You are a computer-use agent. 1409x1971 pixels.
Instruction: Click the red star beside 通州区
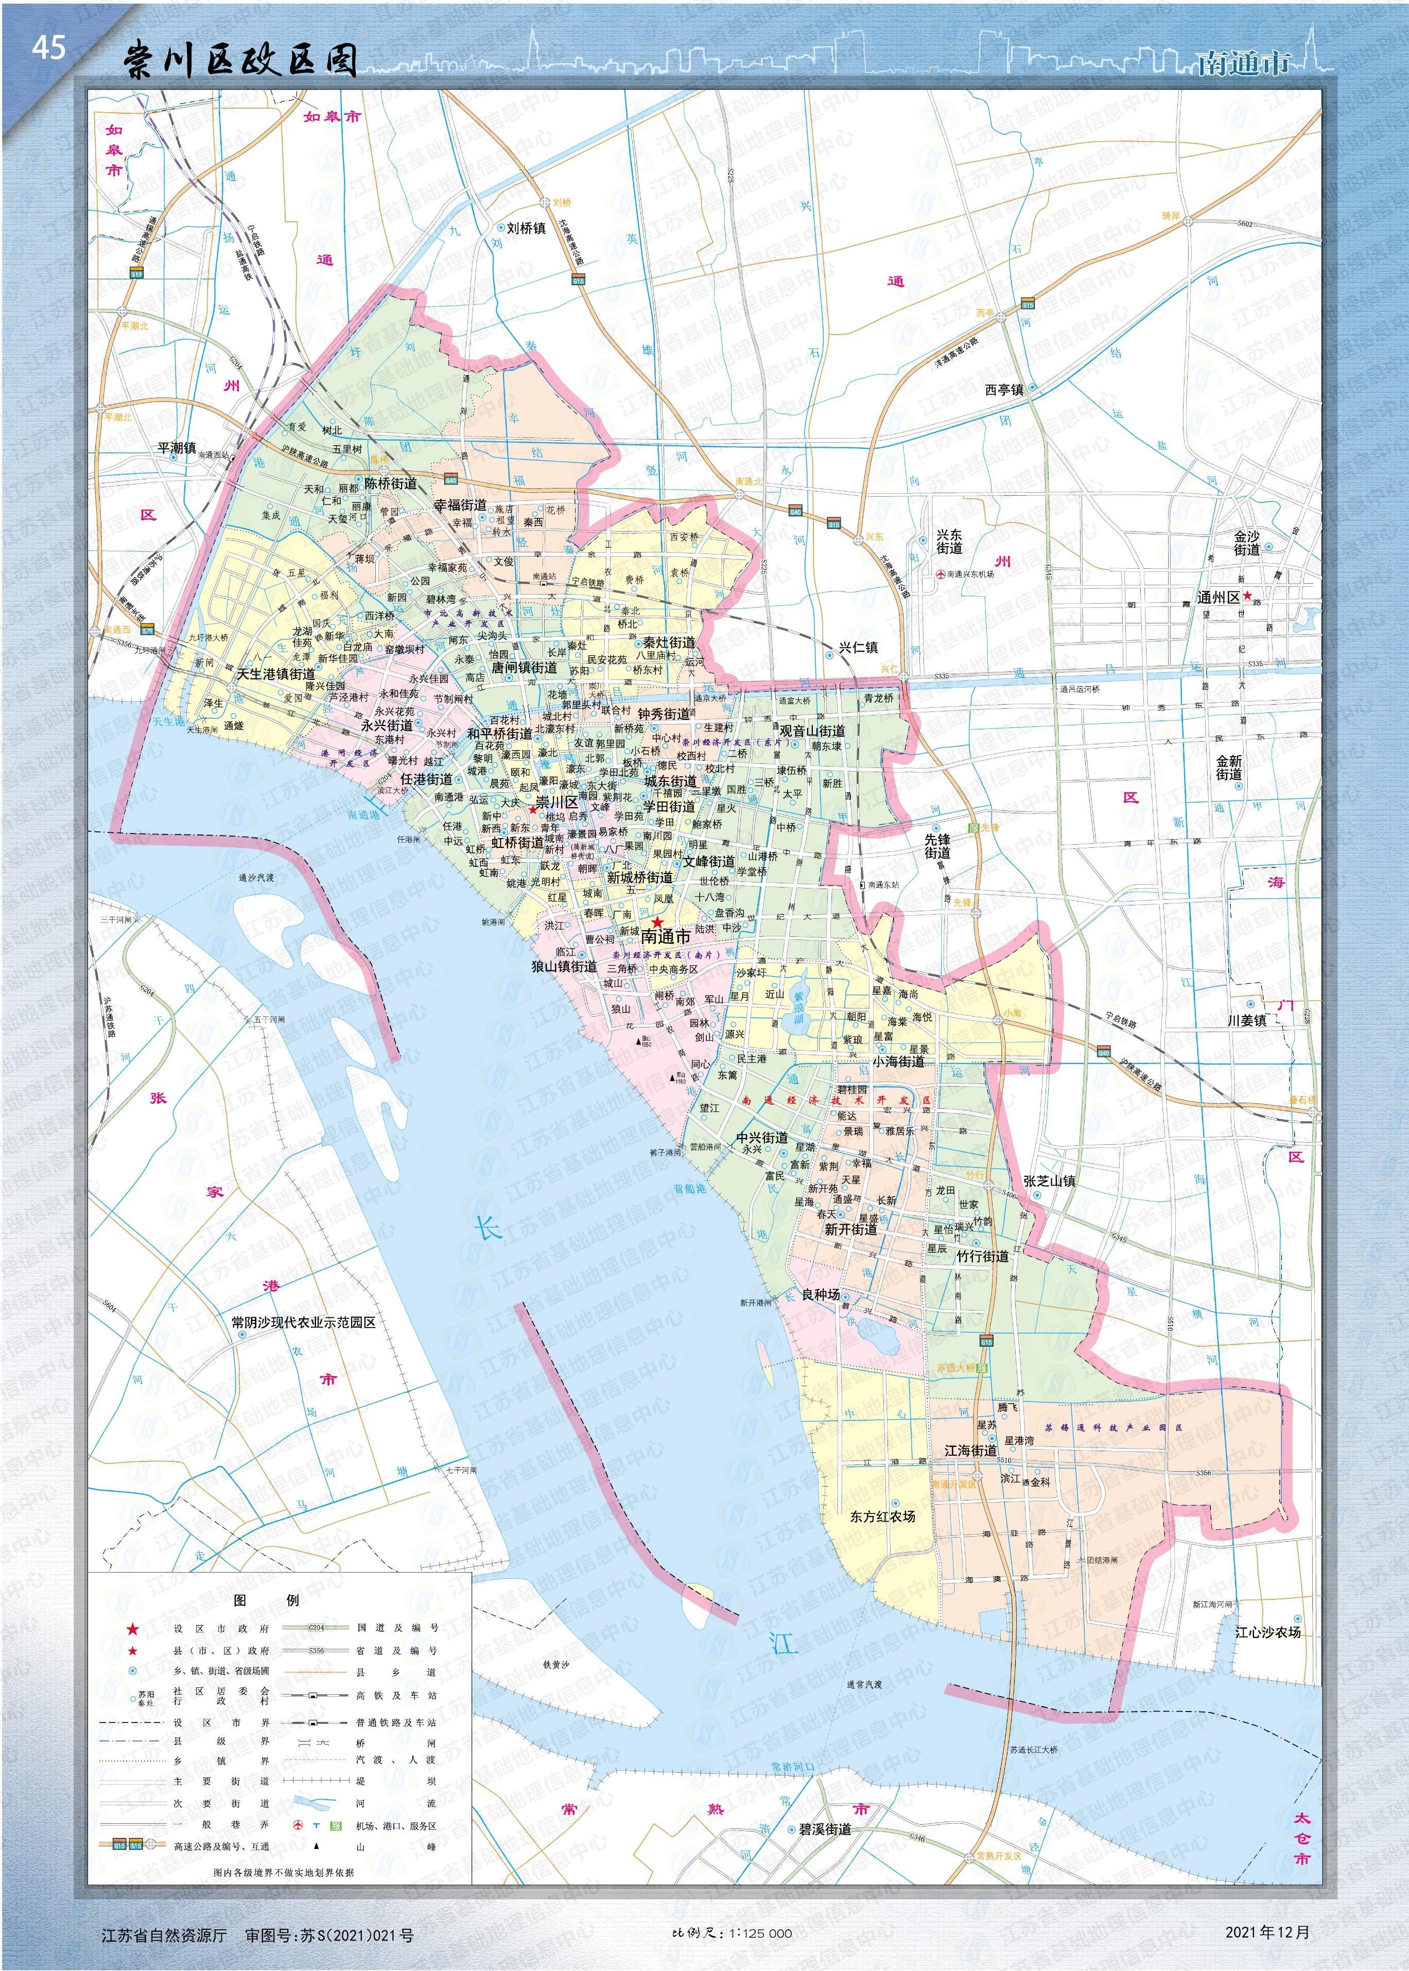click(1247, 596)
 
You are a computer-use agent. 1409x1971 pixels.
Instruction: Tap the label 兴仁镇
click(858, 647)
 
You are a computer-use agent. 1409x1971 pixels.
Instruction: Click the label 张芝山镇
click(1049, 1181)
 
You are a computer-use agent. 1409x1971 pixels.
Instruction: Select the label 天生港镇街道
click(276, 673)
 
